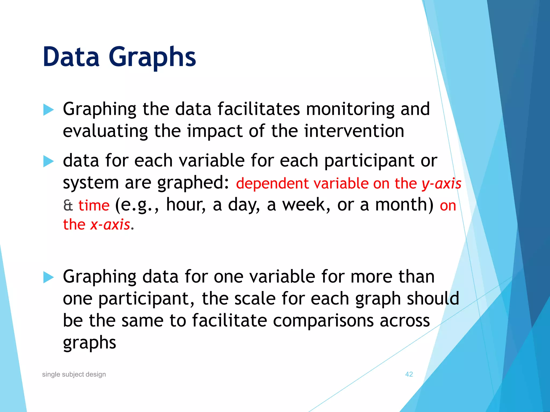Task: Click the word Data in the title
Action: [71, 57]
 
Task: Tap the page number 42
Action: [409, 374]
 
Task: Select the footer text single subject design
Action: [74, 374]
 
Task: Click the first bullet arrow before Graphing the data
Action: [48, 110]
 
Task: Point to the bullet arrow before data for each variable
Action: [48, 161]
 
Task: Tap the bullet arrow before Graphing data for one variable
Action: [48, 277]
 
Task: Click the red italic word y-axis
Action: [441, 184]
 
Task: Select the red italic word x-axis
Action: [110, 225]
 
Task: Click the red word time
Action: [94, 206]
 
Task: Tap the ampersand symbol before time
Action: [68, 206]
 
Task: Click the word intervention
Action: [354, 131]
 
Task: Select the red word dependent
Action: [272, 184]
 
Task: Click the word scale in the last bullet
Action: [255, 299]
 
